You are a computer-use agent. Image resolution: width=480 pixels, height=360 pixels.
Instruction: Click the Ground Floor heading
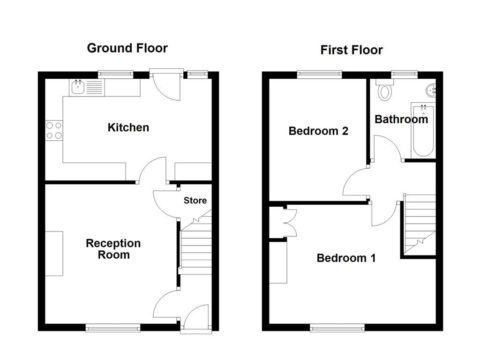(127, 48)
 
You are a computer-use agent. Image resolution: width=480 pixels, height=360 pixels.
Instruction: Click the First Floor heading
(351, 50)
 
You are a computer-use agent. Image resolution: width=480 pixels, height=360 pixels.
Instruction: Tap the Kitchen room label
(128, 127)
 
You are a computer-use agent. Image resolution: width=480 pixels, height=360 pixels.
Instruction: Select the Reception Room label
(113, 249)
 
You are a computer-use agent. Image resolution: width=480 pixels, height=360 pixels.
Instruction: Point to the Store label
(195, 201)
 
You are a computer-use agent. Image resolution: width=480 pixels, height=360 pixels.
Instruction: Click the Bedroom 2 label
(318, 131)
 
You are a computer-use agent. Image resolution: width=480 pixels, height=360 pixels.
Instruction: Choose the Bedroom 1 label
(346, 258)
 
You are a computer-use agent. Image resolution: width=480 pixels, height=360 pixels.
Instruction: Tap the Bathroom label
(401, 119)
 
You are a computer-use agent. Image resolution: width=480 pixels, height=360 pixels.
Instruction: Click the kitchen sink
(77, 86)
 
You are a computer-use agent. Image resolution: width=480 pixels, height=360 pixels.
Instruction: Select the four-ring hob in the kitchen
(54, 130)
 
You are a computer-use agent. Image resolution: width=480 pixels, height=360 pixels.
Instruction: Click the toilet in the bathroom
(385, 90)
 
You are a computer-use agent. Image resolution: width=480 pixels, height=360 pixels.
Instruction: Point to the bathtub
(424, 130)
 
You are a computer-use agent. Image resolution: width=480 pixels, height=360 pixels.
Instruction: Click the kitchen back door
(167, 85)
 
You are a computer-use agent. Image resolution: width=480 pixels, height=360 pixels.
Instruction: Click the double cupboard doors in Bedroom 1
(290, 222)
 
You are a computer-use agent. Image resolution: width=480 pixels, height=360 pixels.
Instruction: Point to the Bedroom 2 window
(319, 74)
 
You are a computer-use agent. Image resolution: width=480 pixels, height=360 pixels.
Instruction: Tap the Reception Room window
(113, 328)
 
